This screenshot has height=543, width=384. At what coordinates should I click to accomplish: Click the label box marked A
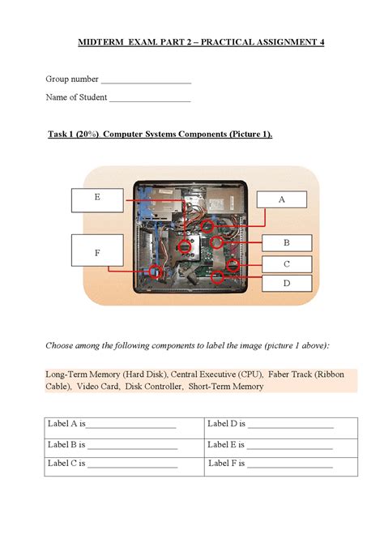point(282,199)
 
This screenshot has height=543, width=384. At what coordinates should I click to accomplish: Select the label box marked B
point(286,243)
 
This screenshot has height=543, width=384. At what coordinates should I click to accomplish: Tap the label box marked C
point(286,264)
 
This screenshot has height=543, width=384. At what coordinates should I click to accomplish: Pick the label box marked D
point(286,284)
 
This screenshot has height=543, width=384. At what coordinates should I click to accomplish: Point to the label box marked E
point(97,198)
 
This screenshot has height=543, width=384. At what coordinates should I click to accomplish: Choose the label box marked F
point(97,253)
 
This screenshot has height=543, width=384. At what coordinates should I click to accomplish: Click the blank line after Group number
point(146,80)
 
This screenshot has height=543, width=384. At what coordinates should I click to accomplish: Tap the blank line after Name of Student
point(150,99)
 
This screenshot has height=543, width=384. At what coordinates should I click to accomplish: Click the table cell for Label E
point(280,446)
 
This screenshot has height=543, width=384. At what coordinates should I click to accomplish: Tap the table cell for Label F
point(280,465)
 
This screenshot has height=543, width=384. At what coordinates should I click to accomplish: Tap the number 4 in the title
point(321,41)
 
